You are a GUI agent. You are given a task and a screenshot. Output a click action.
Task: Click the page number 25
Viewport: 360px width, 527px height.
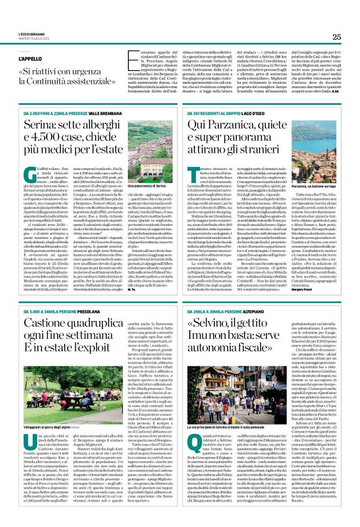[x=336, y=37]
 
